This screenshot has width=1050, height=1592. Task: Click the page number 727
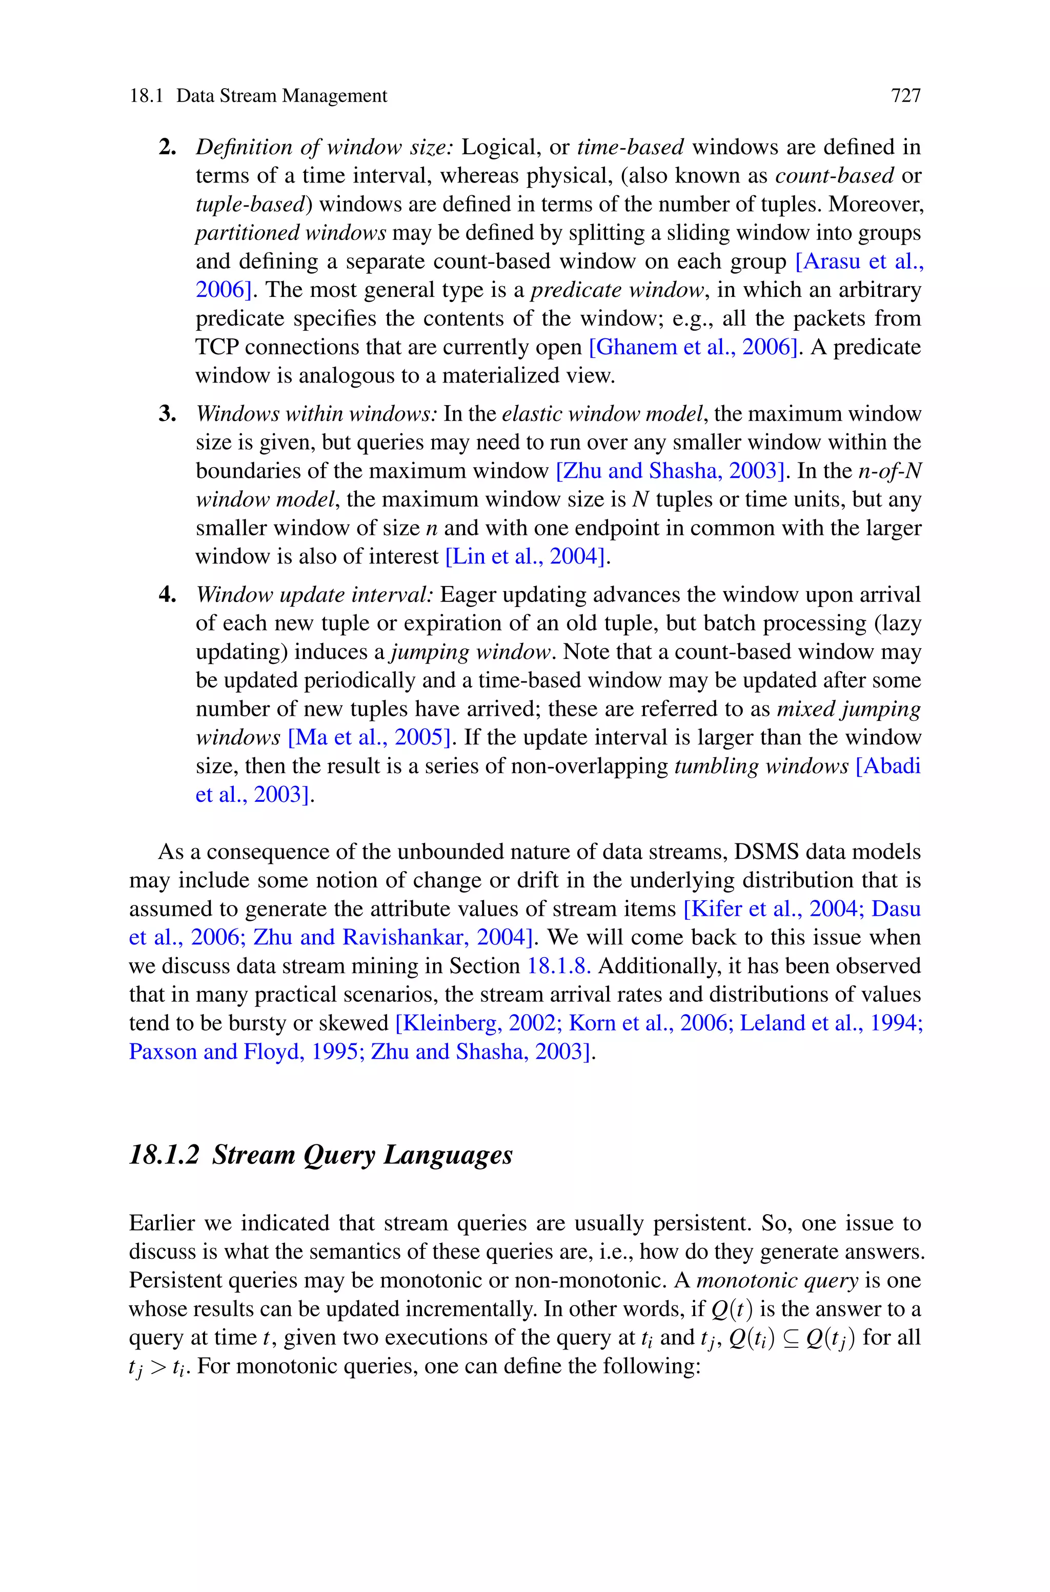[905, 96]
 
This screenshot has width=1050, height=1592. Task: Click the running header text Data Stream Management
[281, 96]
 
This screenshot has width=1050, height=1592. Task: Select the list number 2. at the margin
[168, 147]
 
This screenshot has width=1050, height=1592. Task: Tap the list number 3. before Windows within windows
[168, 414]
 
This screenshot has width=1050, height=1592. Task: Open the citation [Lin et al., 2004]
[527, 556]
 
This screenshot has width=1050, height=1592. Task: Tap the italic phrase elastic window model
[604, 414]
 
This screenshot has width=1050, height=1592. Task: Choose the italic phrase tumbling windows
[761, 766]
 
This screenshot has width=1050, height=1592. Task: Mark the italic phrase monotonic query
[777, 1280]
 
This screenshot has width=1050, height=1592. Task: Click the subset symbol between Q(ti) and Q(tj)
[790, 1338]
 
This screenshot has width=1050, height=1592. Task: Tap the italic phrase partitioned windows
[291, 233]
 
